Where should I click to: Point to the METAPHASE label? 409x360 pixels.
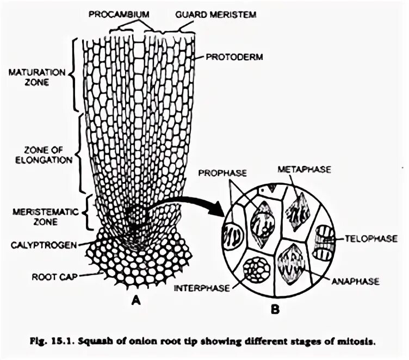pos(304,169)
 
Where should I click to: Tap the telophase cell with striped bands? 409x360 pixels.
pos(326,242)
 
